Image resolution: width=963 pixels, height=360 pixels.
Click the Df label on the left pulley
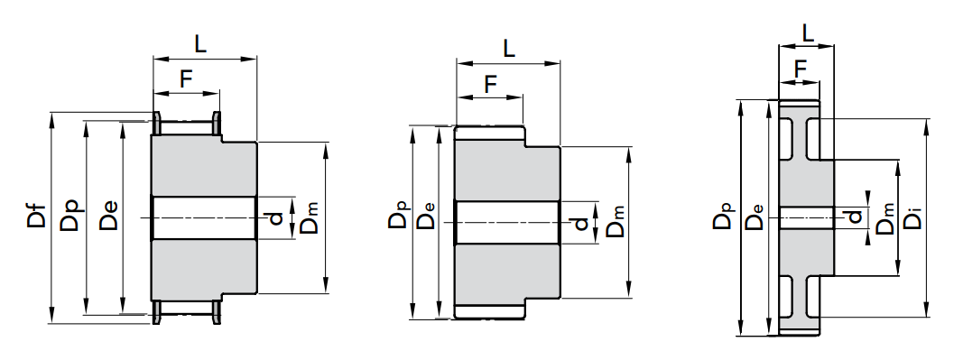(x=36, y=219)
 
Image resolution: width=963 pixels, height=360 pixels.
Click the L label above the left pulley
(x=200, y=43)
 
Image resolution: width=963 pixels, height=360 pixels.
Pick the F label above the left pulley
(x=186, y=79)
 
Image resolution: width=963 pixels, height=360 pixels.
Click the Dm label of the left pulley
(x=310, y=218)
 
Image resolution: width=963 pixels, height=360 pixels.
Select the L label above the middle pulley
(x=508, y=48)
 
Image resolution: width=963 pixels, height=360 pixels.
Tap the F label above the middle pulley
(x=490, y=84)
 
